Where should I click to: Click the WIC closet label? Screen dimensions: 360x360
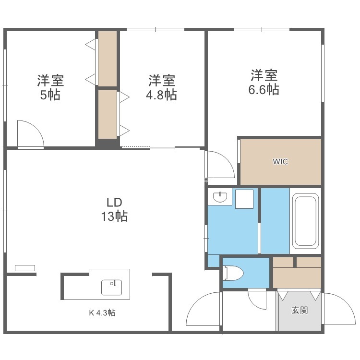click(x=280, y=162)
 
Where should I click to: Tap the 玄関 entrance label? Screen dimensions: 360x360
click(x=300, y=311)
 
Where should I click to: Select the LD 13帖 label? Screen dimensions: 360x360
click(x=114, y=209)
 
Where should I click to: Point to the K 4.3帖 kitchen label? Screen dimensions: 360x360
click(x=102, y=312)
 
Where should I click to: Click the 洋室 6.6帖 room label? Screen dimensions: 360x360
click(x=264, y=82)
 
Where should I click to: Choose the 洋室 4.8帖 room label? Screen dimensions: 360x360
click(x=161, y=87)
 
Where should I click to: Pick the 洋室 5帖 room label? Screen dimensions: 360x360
click(x=50, y=87)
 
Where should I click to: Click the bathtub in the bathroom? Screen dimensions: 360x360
click(x=305, y=221)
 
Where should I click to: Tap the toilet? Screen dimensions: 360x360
click(x=233, y=273)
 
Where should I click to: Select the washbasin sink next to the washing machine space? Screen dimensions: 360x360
click(x=220, y=196)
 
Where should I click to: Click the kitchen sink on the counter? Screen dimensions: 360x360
click(x=111, y=287)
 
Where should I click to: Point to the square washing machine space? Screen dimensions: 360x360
click(x=244, y=199)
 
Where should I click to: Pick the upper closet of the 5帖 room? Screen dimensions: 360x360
click(x=108, y=59)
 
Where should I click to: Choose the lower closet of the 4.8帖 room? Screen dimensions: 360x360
click(x=108, y=114)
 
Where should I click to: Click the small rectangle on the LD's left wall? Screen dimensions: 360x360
click(x=25, y=268)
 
